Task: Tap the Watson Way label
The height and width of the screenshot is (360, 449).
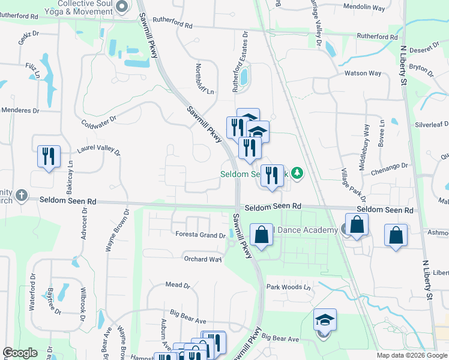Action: coord(362,74)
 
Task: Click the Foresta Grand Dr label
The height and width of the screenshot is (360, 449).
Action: coord(200,235)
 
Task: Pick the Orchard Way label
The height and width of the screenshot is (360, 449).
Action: coord(202,259)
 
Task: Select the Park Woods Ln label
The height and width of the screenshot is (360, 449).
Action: coord(289,287)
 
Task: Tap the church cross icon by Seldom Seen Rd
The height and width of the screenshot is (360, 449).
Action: coord(21,195)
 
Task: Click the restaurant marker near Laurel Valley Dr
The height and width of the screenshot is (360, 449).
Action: coord(47,157)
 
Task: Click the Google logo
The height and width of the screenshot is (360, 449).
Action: coord(20,353)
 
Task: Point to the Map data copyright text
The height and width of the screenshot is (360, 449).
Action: coord(412,355)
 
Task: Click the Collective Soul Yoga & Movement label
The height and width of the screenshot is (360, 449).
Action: coord(82,7)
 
